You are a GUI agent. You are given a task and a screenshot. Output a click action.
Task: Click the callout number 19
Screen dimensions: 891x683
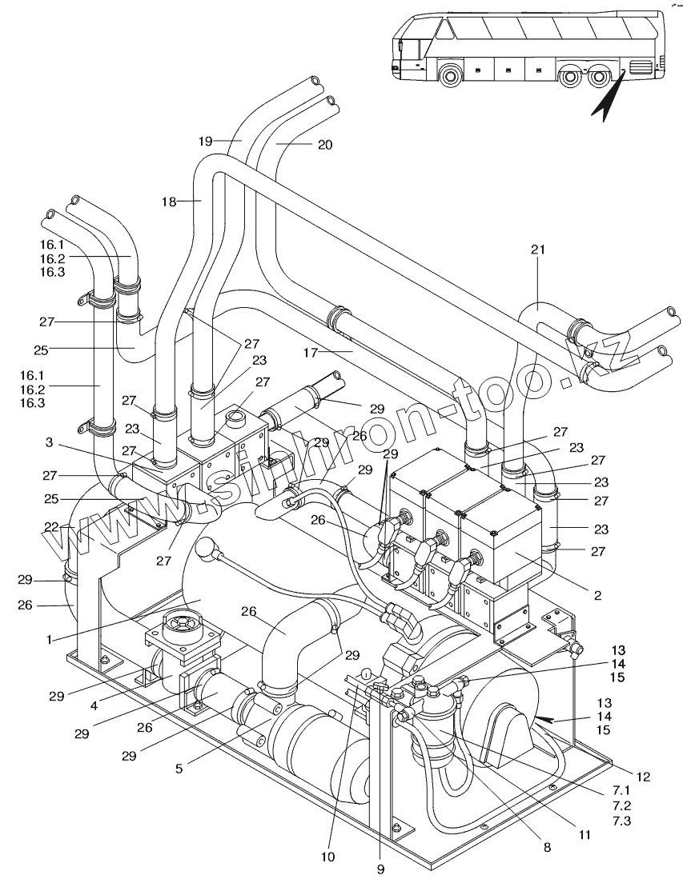[207, 141]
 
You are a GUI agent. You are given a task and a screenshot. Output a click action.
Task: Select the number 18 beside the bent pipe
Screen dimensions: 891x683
[168, 202]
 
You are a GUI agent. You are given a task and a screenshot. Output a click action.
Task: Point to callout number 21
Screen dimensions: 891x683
[537, 250]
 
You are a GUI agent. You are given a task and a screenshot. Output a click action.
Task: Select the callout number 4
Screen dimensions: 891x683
[94, 705]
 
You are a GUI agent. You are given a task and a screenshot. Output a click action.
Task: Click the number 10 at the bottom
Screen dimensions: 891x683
[327, 857]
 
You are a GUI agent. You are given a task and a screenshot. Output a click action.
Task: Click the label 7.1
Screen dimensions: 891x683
[621, 790]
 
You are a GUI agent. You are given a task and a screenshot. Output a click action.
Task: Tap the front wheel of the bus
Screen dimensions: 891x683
[451, 75]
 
